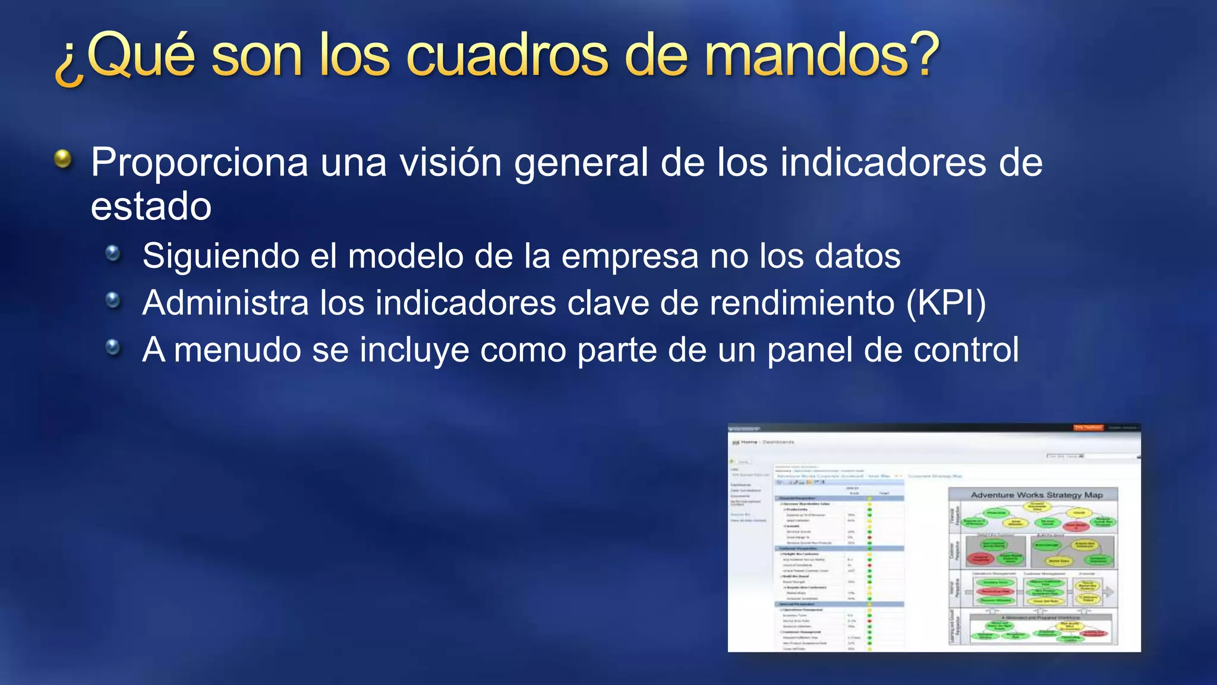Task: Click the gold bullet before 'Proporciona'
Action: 63,159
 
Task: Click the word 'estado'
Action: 151,206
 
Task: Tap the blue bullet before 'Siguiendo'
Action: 113,254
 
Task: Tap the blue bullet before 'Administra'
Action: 113,300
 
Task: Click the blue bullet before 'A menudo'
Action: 113,347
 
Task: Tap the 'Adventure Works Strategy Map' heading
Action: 1036,495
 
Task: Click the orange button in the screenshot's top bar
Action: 1088,428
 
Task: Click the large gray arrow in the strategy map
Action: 1108,592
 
